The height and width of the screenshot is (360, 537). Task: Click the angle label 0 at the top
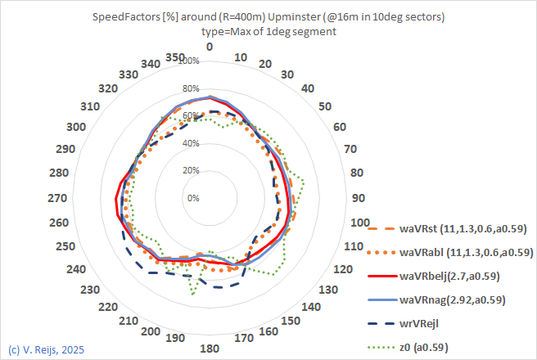pos(210,47)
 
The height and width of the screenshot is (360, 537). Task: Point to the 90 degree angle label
pos(357,198)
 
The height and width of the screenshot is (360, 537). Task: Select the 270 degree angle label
pos(63,198)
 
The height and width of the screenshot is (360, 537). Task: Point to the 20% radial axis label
pos(192,170)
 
